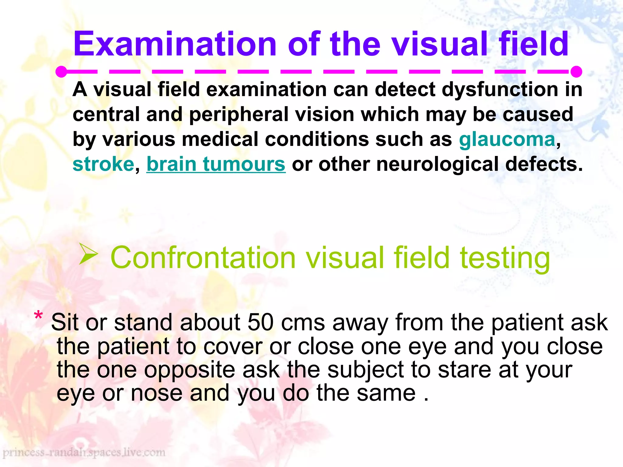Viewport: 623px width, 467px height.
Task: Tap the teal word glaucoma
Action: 507,140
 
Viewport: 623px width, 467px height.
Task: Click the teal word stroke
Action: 103,164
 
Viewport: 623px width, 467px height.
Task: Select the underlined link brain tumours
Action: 216,164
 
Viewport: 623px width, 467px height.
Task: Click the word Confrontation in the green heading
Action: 203,258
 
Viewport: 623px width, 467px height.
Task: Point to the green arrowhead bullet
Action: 88,254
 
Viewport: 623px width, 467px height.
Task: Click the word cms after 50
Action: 303,323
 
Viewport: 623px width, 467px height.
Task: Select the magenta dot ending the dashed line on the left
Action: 61,72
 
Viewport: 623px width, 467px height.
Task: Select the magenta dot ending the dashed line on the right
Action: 576,72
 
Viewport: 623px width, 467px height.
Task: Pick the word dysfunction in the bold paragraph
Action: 500,90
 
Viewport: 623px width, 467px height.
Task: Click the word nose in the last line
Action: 156,393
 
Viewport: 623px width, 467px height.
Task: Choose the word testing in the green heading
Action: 505,258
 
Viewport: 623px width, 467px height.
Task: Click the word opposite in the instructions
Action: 190,370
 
